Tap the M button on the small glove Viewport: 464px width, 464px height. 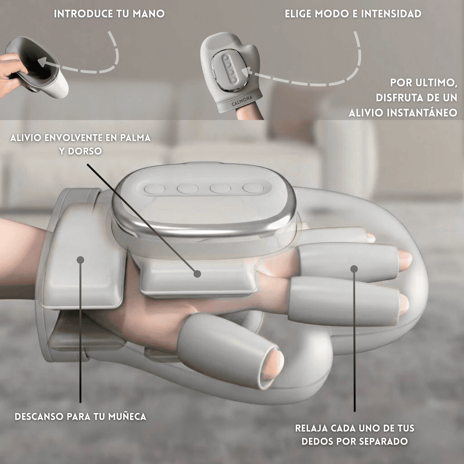(229, 65)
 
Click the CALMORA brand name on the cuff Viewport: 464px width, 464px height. (242, 101)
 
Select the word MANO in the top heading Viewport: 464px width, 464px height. (149, 14)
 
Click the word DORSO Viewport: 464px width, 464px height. (84, 151)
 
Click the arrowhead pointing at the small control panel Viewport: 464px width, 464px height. (247, 71)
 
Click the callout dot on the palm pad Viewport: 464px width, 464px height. (197, 274)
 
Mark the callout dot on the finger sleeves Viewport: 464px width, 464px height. (354, 269)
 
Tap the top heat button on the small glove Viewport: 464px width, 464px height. (226, 58)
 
